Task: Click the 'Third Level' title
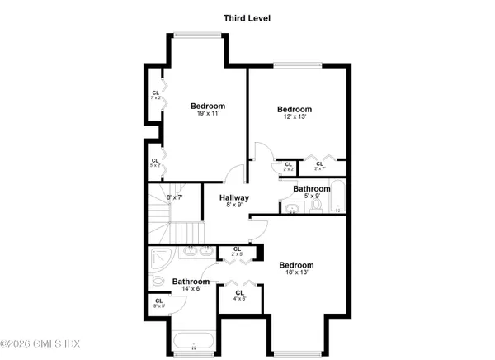[x=247, y=17]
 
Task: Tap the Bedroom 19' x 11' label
[x=208, y=110]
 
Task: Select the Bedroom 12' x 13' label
[x=295, y=113]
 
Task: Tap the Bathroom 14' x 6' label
[x=191, y=286]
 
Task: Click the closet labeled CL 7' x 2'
[x=155, y=96]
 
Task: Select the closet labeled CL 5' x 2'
[x=155, y=163]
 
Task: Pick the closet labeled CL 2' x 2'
[x=288, y=167]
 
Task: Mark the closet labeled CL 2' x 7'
[x=318, y=167]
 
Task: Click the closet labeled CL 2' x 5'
[x=237, y=252]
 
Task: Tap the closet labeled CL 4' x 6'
[x=240, y=296]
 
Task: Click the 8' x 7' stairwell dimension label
[x=174, y=197]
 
